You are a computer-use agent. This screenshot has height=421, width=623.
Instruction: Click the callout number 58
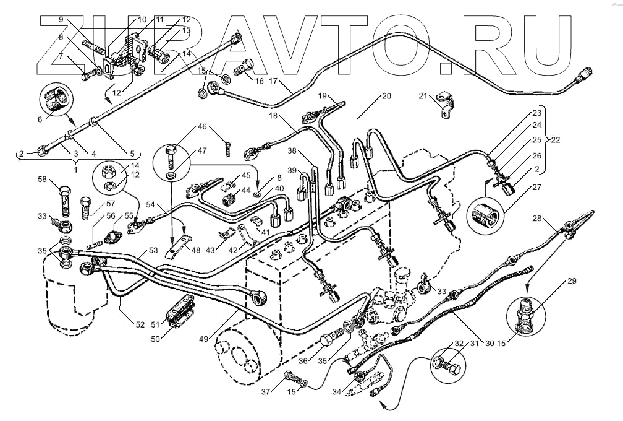pos(42,180)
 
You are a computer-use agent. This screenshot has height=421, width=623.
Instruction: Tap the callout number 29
pos(571,282)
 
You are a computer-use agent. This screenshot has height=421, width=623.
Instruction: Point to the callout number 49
pos(220,338)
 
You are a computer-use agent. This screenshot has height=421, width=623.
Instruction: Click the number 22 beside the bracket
pos(555,140)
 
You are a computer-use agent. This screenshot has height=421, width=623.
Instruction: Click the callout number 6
pos(41,119)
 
